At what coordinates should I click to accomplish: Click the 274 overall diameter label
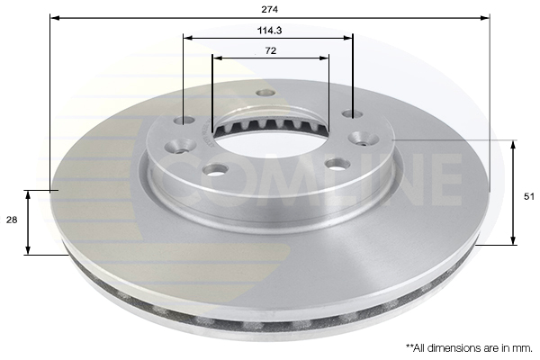click(x=269, y=10)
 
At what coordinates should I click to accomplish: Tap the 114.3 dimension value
click(x=270, y=31)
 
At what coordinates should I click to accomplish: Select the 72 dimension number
click(x=271, y=51)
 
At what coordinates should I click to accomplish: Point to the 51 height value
click(x=528, y=197)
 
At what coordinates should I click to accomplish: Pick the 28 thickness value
click(x=12, y=220)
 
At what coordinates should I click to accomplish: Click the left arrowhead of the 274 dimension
click(x=55, y=18)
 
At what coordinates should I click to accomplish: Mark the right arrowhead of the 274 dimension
click(x=484, y=18)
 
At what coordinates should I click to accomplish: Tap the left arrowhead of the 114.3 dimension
click(x=188, y=38)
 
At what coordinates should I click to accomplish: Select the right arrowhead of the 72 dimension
click(x=324, y=58)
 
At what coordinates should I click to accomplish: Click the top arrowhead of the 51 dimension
click(x=513, y=146)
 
